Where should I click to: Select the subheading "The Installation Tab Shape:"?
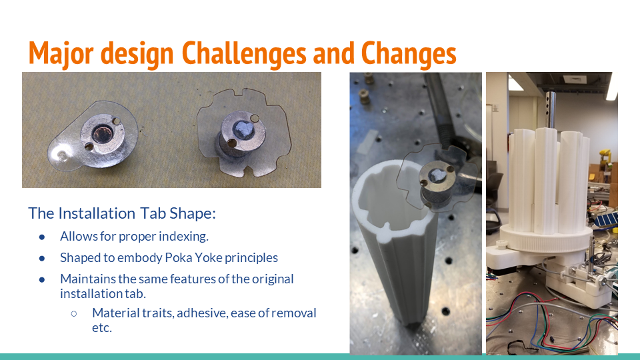coord(122,213)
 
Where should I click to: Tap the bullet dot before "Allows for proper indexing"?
coord(42,236)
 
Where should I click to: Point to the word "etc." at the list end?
coord(102,328)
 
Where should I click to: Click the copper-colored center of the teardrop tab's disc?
coord(104,127)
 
